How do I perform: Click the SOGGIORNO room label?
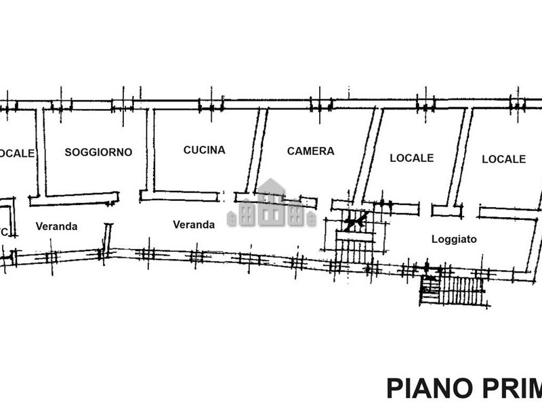tap(98, 152)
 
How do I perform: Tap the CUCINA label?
tap(204, 150)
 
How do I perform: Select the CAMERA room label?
tap(310, 151)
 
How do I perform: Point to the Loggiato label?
tap(454, 239)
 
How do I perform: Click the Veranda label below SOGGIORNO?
tap(57, 227)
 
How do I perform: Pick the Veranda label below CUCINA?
tap(194, 224)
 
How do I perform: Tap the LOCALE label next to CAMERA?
tap(411, 158)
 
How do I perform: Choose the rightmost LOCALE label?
tap(503, 159)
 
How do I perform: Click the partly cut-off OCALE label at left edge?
tap(17, 154)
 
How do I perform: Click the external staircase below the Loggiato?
tap(454, 292)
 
